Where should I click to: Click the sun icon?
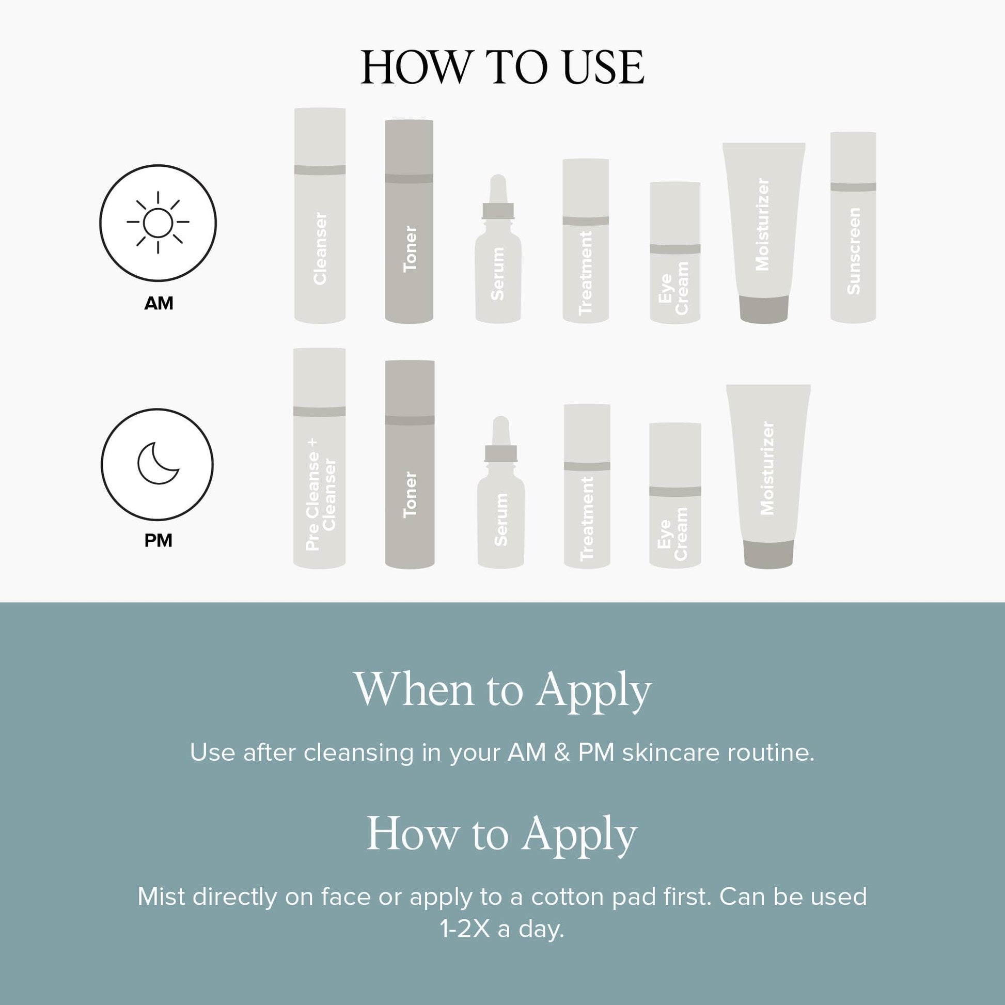158,222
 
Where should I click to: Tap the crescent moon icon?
157,463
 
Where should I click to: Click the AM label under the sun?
159,303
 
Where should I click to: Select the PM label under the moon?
158,541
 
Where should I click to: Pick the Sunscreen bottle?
853,227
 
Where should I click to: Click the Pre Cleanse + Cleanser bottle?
319,458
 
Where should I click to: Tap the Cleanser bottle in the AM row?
320,216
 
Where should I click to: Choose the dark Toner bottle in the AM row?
409,222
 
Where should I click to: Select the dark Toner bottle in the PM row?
410,464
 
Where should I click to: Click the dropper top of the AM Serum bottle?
498,197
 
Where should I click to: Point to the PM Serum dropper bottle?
500,492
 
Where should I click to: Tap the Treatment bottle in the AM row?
586,241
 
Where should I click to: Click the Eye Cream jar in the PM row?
675,495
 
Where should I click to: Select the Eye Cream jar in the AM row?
675,253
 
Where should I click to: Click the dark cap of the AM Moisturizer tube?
764,309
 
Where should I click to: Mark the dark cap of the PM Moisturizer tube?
768,555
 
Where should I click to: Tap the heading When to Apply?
503,689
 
